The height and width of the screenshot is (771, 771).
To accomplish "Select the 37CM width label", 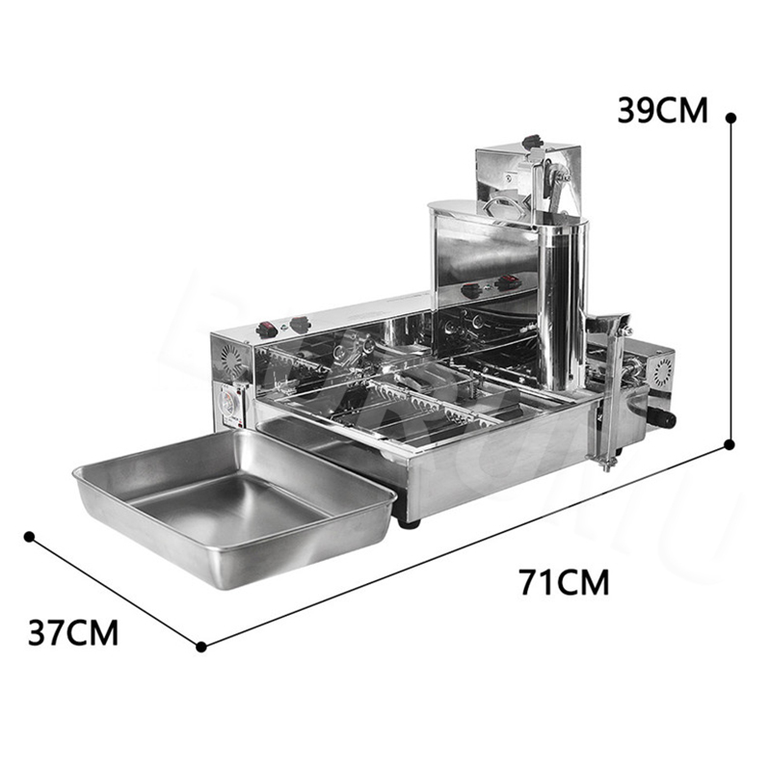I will (73, 633).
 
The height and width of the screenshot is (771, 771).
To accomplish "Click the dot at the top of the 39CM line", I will (731, 118).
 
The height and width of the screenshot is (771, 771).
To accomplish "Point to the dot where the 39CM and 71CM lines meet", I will (731, 445).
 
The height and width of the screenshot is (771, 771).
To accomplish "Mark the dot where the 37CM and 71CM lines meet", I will (201, 646).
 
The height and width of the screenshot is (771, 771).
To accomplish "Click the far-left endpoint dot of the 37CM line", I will (30, 536).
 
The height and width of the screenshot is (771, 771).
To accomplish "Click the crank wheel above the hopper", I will (552, 179).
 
